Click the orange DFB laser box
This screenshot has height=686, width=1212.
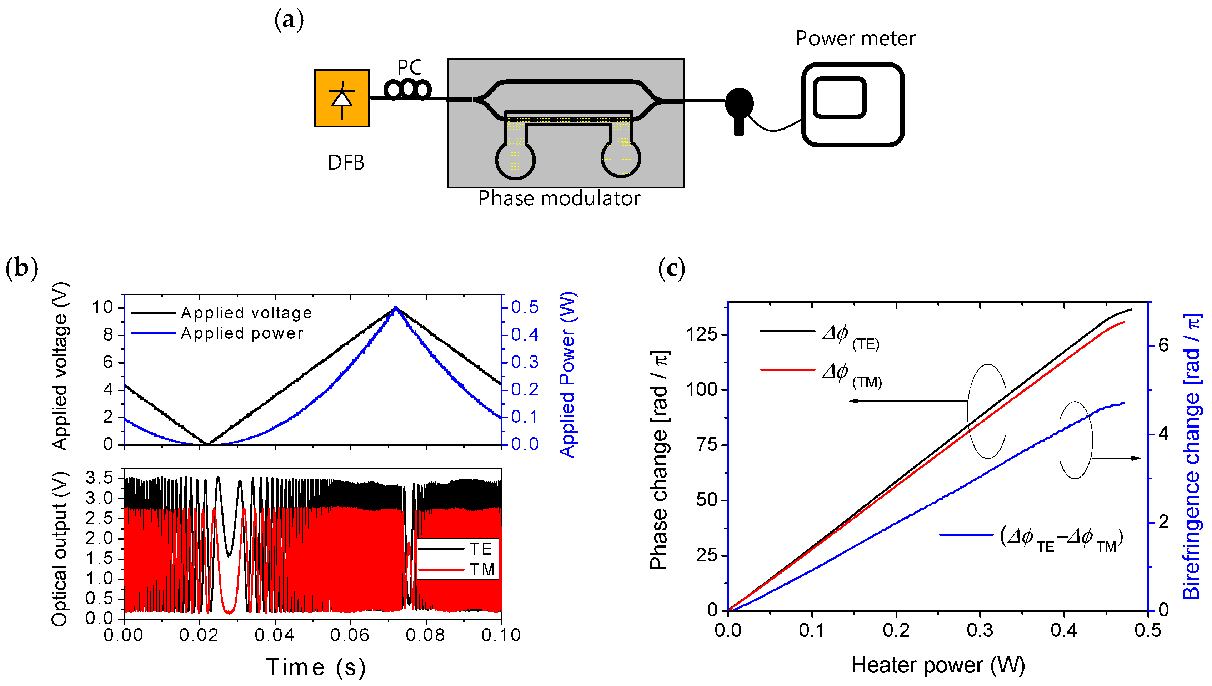341,98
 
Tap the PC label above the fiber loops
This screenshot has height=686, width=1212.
409,67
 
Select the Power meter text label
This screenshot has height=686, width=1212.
855,39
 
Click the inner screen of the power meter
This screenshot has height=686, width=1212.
839,97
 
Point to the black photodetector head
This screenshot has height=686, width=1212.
739,103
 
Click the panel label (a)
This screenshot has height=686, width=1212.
289,20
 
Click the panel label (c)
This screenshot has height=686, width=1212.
671,268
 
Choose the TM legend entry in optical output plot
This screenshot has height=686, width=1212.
481,570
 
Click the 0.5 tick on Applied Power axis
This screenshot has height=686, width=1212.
524,307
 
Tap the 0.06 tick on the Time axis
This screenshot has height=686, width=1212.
350,635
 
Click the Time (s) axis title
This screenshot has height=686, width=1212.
316,667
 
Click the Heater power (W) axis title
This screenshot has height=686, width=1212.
938,665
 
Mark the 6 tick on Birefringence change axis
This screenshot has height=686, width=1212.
1163,345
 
